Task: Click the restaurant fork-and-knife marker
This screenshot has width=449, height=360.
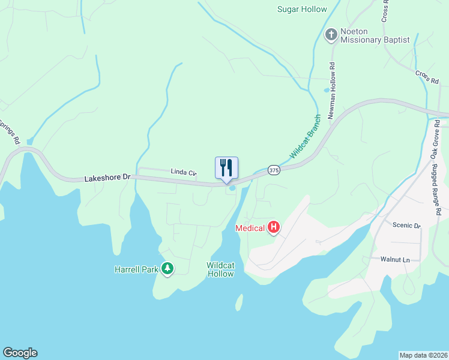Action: [x=226, y=168]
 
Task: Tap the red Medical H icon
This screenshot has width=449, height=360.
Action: [x=274, y=227]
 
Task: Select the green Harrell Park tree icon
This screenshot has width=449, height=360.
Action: [x=167, y=269]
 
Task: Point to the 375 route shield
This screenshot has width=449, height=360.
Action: [x=274, y=170]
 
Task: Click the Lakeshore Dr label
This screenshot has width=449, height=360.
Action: [x=107, y=178]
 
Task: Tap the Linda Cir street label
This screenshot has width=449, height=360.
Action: [x=183, y=173]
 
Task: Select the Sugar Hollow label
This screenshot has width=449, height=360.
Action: [x=302, y=9]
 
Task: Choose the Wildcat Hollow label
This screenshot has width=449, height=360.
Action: [x=220, y=269]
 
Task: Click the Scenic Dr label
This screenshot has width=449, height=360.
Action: [x=406, y=225]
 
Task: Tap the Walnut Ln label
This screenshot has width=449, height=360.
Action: [x=395, y=259]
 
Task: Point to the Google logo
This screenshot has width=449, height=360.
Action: [x=20, y=353]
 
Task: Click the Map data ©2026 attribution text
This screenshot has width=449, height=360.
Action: [x=423, y=355]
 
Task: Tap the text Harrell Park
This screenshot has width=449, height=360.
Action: [x=136, y=269]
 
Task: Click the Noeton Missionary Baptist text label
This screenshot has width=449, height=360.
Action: [x=375, y=35]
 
